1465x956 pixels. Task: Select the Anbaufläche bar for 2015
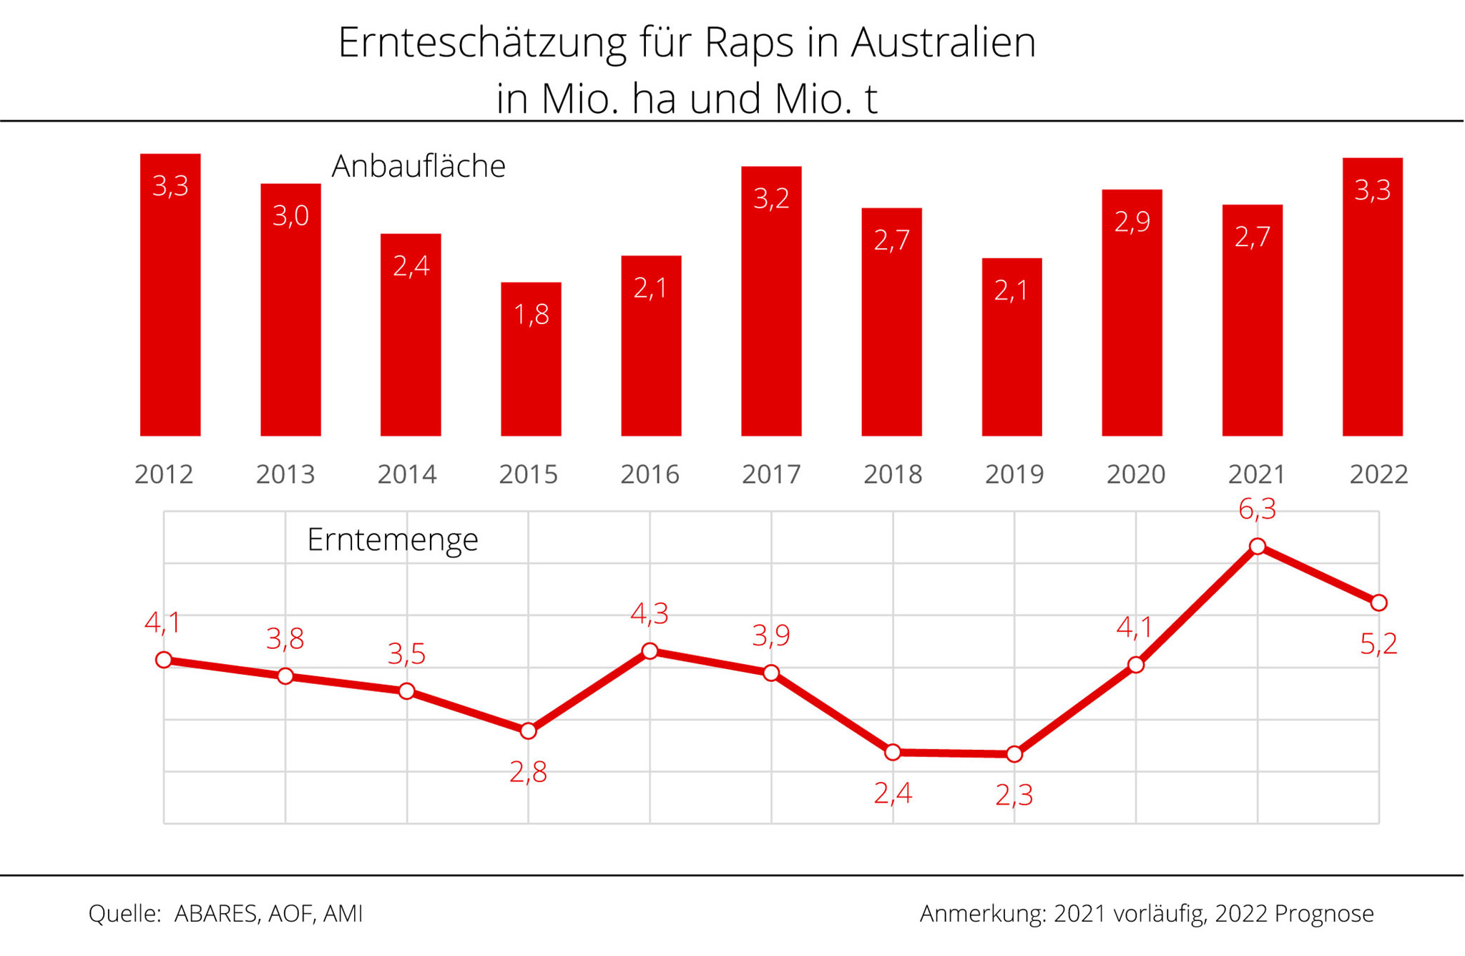tap(531, 359)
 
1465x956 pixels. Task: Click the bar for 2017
tap(771, 301)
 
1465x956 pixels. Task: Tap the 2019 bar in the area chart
tap(1011, 347)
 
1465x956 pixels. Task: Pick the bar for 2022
tap(1372, 297)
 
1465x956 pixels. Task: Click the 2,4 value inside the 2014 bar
tap(411, 266)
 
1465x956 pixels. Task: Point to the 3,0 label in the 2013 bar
tap(290, 215)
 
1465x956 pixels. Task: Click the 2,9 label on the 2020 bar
tap(1132, 222)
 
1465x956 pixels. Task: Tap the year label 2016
tap(650, 474)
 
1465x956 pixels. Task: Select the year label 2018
tap(893, 474)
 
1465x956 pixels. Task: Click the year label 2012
tap(164, 474)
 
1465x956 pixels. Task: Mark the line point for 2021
tap(1257, 547)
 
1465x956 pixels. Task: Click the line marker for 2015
tap(528, 731)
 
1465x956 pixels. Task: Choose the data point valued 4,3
tap(650, 651)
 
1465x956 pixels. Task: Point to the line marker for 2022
tap(1378, 603)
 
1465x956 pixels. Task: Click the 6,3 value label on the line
tap(1257, 509)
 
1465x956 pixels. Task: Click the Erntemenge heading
tap(392, 540)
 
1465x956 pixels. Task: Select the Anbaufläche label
tap(418, 166)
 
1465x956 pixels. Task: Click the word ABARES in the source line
tap(215, 914)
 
